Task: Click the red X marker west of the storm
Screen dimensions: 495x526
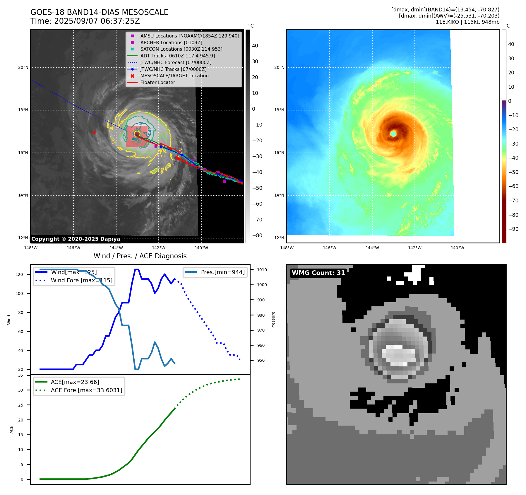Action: tap(94, 133)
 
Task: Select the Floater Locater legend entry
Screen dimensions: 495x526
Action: tap(157, 83)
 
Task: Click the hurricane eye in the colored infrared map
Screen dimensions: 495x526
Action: tap(393, 134)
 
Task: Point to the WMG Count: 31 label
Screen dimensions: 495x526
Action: tap(318, 273)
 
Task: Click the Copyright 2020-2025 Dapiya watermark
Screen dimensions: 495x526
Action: tap(76, 239)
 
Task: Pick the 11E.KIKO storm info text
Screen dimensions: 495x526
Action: tap(467, 22)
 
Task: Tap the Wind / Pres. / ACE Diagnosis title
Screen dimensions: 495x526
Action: tap(140, 256)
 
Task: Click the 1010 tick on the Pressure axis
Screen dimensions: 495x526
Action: tap(262, 270)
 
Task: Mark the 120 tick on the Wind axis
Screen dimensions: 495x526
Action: tap(19, 274)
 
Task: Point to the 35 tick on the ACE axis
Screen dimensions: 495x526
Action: tap(20, 375)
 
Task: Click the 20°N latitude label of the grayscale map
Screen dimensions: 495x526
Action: tap(23, 67)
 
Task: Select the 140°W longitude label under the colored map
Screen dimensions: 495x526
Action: tap(457, 248)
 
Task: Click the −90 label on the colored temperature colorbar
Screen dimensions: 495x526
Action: tap(513, 229)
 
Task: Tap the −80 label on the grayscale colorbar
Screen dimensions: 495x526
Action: tap(257, 235)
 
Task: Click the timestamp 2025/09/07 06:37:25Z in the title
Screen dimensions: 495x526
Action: tap(97, 21)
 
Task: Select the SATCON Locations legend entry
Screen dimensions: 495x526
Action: tap(181, 49)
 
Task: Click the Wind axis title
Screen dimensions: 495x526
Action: tap(9, 320)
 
